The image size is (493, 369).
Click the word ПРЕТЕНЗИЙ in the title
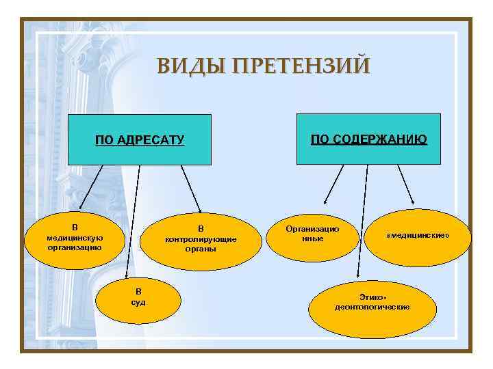click(301, 66)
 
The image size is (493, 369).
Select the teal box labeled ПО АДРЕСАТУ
click(140, 140)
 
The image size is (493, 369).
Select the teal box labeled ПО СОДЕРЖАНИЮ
click(368, 140)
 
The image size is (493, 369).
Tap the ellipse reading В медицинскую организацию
click(75, 237)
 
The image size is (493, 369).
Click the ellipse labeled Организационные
click(312, 234)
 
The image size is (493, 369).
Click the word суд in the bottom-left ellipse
click(138, 302)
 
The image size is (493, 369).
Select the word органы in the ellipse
click(201, 249)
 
